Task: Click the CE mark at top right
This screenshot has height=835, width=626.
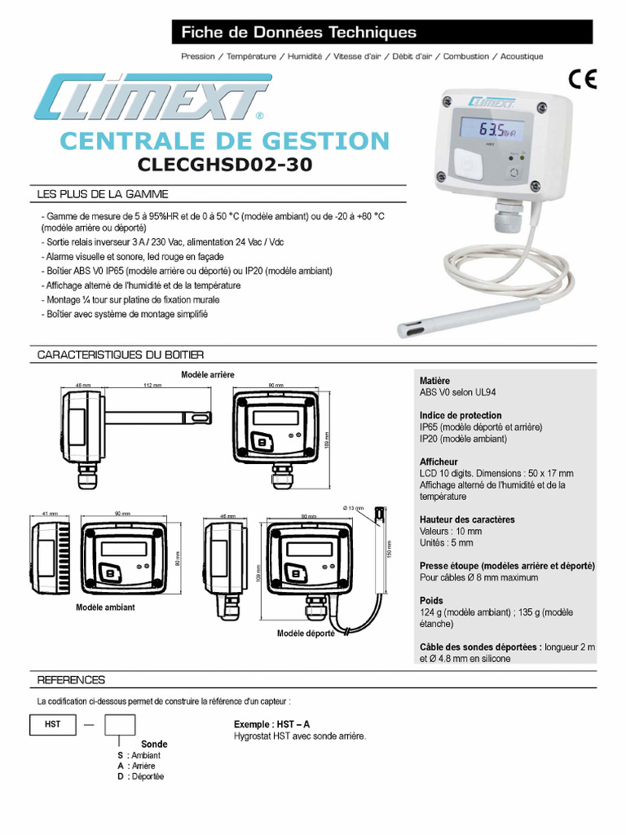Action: point(583,79)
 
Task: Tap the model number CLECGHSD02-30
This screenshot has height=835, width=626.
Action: point(224,165)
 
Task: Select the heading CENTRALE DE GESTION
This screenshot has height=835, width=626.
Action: point(225,139)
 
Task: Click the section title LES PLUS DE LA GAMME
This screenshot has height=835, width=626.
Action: point(103,194)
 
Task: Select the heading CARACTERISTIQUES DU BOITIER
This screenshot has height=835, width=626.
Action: point(121,355)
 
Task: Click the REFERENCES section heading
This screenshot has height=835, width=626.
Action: point(71,679)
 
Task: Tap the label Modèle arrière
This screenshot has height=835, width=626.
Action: point(207,374)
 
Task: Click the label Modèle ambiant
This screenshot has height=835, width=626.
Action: point(105,607)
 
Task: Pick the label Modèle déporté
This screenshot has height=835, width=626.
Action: point(306,634)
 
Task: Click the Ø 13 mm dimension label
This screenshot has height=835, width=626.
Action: point(355,508)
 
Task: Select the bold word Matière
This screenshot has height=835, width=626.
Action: point(434,381)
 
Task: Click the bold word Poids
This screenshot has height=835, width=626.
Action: point(432,601)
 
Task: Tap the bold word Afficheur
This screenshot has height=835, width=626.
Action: point(439,462)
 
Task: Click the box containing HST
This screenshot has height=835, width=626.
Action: point(52,724)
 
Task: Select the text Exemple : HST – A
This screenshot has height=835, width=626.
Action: point(271,724)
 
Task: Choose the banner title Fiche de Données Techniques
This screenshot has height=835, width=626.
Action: point(298,33)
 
